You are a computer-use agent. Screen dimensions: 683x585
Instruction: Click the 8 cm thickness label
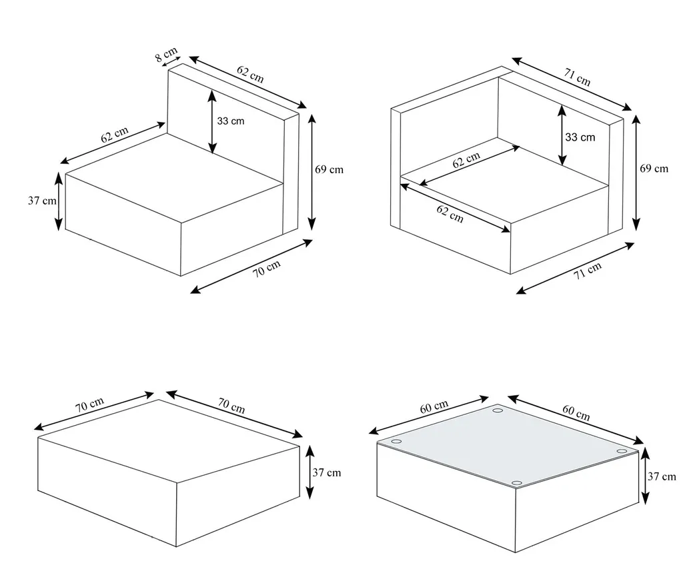tap(166, 54)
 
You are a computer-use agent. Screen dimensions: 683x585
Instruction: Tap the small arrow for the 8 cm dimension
tap(171, 61)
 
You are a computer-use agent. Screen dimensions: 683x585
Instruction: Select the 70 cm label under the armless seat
tap(267, 268)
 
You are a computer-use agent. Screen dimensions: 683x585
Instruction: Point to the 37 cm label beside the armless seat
tap(42, 201)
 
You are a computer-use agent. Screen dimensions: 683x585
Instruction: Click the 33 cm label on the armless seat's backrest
tap(230, 121)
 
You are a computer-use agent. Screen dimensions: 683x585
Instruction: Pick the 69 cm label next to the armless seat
tap(329, 169)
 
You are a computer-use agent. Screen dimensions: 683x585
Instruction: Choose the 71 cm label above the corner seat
tap(577, 77)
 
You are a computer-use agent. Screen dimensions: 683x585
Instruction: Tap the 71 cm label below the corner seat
tap(588, 271)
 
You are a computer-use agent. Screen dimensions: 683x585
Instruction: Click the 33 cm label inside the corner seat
tap(580, 137)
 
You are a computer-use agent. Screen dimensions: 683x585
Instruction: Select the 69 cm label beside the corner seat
tap(654, 169)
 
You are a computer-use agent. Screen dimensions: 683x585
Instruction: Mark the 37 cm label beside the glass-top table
tap(662, 476)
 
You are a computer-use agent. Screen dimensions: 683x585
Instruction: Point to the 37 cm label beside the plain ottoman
tap(326, 472)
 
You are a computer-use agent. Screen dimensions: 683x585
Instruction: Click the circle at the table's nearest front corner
tap(517, 483)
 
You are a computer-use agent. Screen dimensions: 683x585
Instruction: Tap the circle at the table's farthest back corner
tap(498, 410)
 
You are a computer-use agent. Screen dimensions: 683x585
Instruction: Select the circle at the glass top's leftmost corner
tap(396, 442)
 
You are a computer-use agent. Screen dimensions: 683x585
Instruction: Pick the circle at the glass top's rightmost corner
tap(622, 451)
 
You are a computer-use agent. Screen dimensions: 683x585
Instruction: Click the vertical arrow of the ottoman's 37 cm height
tap(309, 472)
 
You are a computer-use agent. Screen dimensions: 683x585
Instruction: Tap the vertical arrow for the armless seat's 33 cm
tap(211, 121)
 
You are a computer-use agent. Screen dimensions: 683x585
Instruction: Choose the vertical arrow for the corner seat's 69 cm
tap(636, 173)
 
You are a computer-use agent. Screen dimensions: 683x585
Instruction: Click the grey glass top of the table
tap(508, 447)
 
